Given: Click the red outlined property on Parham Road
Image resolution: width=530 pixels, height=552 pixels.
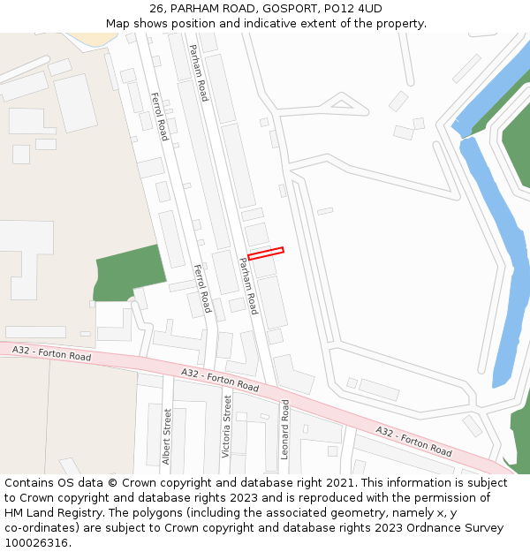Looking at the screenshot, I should [265, 254].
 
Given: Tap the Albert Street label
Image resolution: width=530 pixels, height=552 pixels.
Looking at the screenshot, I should [167, 436].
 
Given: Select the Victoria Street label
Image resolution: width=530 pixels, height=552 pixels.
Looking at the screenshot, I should [227, 426].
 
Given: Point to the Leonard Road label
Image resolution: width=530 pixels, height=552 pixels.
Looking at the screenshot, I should [285, 429].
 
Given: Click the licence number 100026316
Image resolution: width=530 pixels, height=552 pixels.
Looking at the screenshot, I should [38, 543].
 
